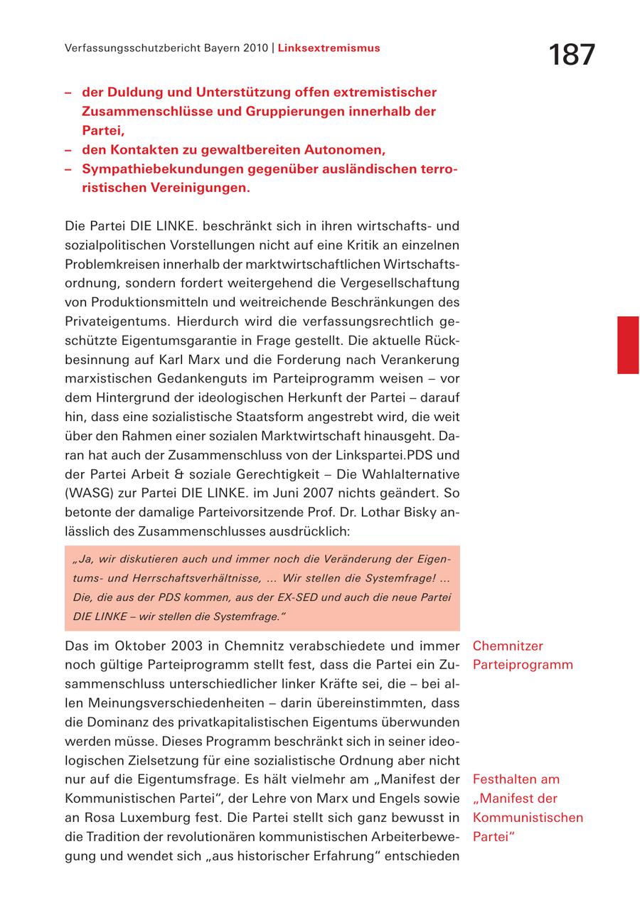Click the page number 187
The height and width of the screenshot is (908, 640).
pos(572,55)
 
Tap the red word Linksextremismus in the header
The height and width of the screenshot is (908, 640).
pos(329,48)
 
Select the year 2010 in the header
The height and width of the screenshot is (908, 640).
pos(254,48)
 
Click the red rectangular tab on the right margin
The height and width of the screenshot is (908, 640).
pos(628,345)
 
